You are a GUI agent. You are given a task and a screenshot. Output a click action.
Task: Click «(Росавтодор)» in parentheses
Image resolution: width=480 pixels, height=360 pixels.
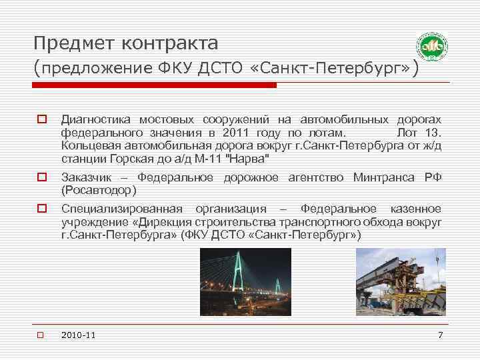click(x=99, y=190)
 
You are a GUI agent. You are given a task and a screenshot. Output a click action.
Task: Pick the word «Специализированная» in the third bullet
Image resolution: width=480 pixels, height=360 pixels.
click(x=123, y=209)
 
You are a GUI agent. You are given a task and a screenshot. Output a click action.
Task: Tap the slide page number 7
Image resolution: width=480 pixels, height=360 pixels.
click(x=440, y=334)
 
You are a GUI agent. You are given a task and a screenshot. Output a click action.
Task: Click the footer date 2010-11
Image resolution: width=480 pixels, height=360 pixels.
click(x=77, y=335)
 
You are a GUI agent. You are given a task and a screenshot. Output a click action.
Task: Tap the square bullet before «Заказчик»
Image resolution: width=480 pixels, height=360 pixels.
click(x=41, y=177)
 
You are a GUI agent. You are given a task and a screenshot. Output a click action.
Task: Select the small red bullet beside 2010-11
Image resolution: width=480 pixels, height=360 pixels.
click(x=41, y=335)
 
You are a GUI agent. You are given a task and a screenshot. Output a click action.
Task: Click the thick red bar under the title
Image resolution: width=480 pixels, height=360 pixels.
click(x=156, y=85)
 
